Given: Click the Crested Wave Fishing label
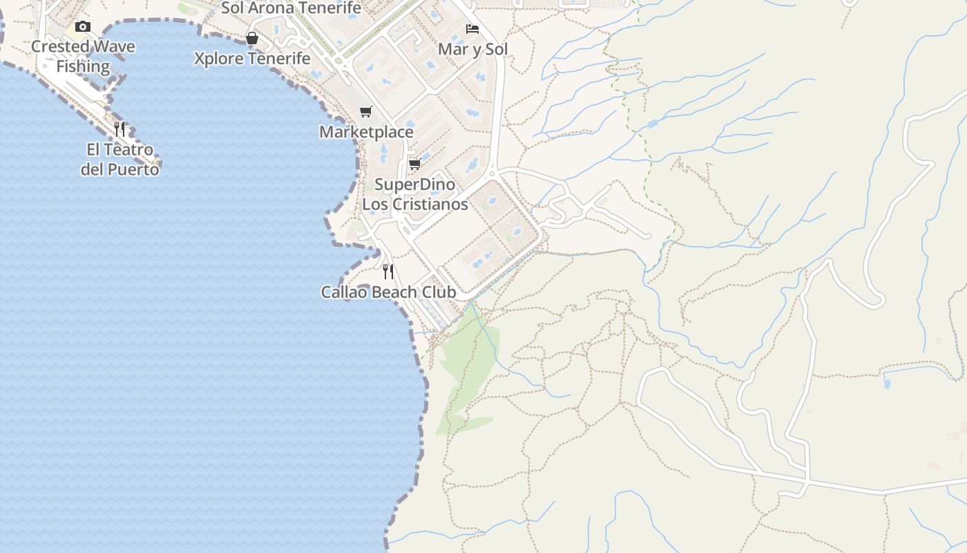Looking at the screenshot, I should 83,57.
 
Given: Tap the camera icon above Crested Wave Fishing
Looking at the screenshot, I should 83,27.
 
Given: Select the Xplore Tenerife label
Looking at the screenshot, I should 252,59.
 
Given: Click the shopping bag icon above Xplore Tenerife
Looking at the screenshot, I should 252,38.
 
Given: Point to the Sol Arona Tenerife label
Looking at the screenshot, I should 291,8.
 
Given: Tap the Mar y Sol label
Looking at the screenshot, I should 472,49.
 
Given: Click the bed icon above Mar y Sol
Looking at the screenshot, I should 472,29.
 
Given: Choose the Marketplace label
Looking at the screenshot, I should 366,132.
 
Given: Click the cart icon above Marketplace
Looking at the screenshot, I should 366,112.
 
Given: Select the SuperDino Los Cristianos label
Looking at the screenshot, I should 415,194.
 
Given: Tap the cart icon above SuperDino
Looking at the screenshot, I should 415,165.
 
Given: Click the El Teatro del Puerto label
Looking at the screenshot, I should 119,159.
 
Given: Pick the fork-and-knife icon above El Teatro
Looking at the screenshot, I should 119,129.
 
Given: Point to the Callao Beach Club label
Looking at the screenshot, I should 388,292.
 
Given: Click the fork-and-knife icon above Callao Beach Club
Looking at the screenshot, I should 388,272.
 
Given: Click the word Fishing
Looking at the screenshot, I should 83,67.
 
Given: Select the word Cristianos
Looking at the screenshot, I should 434,205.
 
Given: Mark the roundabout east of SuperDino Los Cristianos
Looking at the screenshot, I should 492,174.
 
